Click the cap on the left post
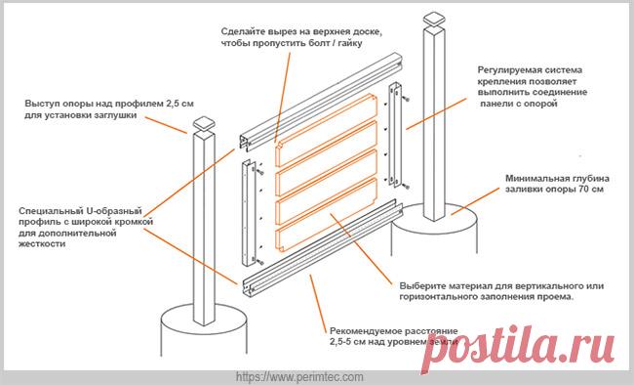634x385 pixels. tap(204, 123)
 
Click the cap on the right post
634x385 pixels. tap(434, 19)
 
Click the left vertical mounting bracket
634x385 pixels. tap(249, 214)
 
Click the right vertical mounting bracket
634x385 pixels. tap(395, 134)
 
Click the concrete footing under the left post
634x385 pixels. tap(204, 329)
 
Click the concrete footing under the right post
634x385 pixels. tap(434, 230)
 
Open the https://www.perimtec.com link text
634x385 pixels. tap(299, 377)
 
